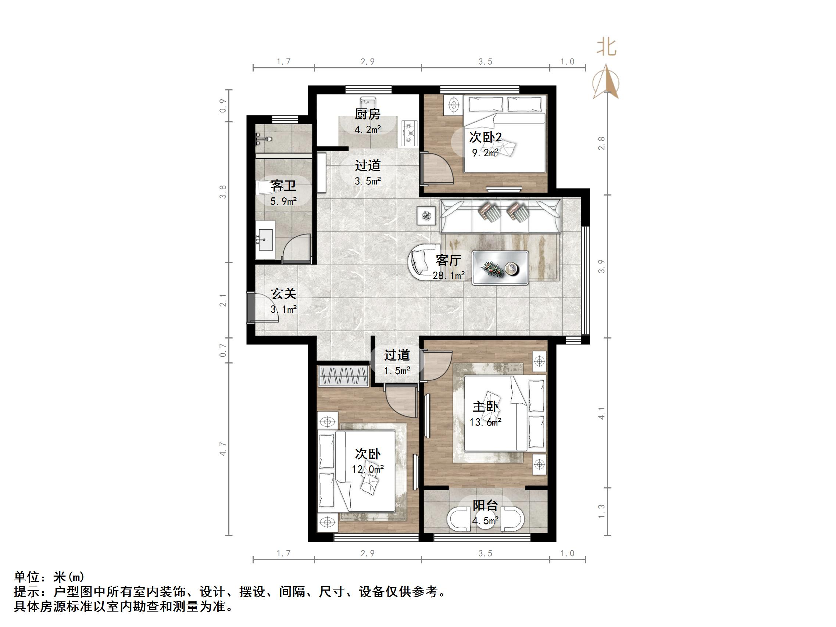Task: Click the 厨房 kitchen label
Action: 367,114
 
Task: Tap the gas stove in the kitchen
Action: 409,133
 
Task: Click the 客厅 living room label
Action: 448,261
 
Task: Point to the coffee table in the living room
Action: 500,268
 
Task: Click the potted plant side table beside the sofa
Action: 427,216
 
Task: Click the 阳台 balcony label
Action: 485,505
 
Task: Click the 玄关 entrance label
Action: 283,294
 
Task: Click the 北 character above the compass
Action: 607,48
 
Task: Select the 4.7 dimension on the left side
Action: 223,449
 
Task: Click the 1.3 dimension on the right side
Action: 601,511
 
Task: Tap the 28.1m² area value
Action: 449,276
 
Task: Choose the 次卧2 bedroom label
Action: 485,137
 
